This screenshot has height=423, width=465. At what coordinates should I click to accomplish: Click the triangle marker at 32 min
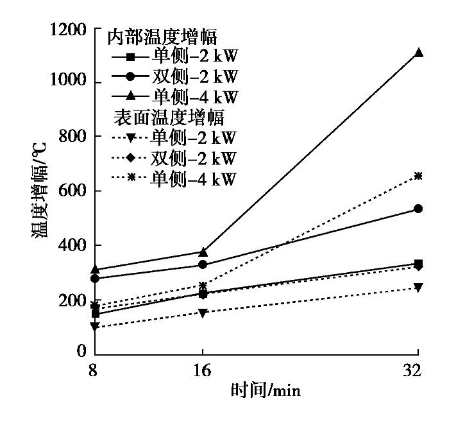418,53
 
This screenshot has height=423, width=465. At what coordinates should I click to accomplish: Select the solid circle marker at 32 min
418,209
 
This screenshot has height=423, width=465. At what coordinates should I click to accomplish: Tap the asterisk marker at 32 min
418,175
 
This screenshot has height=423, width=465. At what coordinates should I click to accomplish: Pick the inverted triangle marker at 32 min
418,288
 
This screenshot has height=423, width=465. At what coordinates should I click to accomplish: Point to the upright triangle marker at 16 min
203,252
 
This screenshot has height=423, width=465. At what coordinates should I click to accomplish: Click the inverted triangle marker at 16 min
203,313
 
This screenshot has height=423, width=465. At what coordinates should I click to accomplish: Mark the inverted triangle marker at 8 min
95,327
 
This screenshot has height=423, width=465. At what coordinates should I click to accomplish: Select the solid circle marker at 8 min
95,279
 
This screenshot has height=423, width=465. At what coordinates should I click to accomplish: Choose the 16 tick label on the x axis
203,370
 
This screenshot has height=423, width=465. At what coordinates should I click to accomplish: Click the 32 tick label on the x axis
418,370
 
